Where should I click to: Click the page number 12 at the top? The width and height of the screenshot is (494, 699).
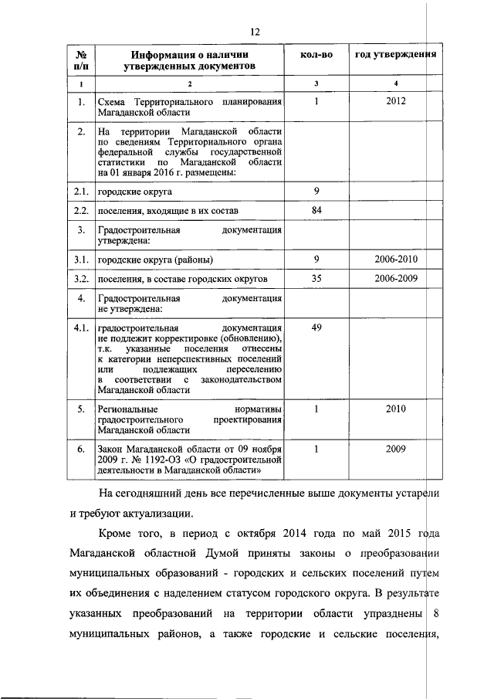252,32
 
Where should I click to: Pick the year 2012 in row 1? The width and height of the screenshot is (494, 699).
395,101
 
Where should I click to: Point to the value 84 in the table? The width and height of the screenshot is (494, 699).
316,210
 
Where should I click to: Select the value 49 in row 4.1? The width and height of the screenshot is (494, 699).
316,328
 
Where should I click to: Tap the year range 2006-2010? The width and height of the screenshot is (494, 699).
395,258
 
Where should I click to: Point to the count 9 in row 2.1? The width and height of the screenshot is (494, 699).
316,190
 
